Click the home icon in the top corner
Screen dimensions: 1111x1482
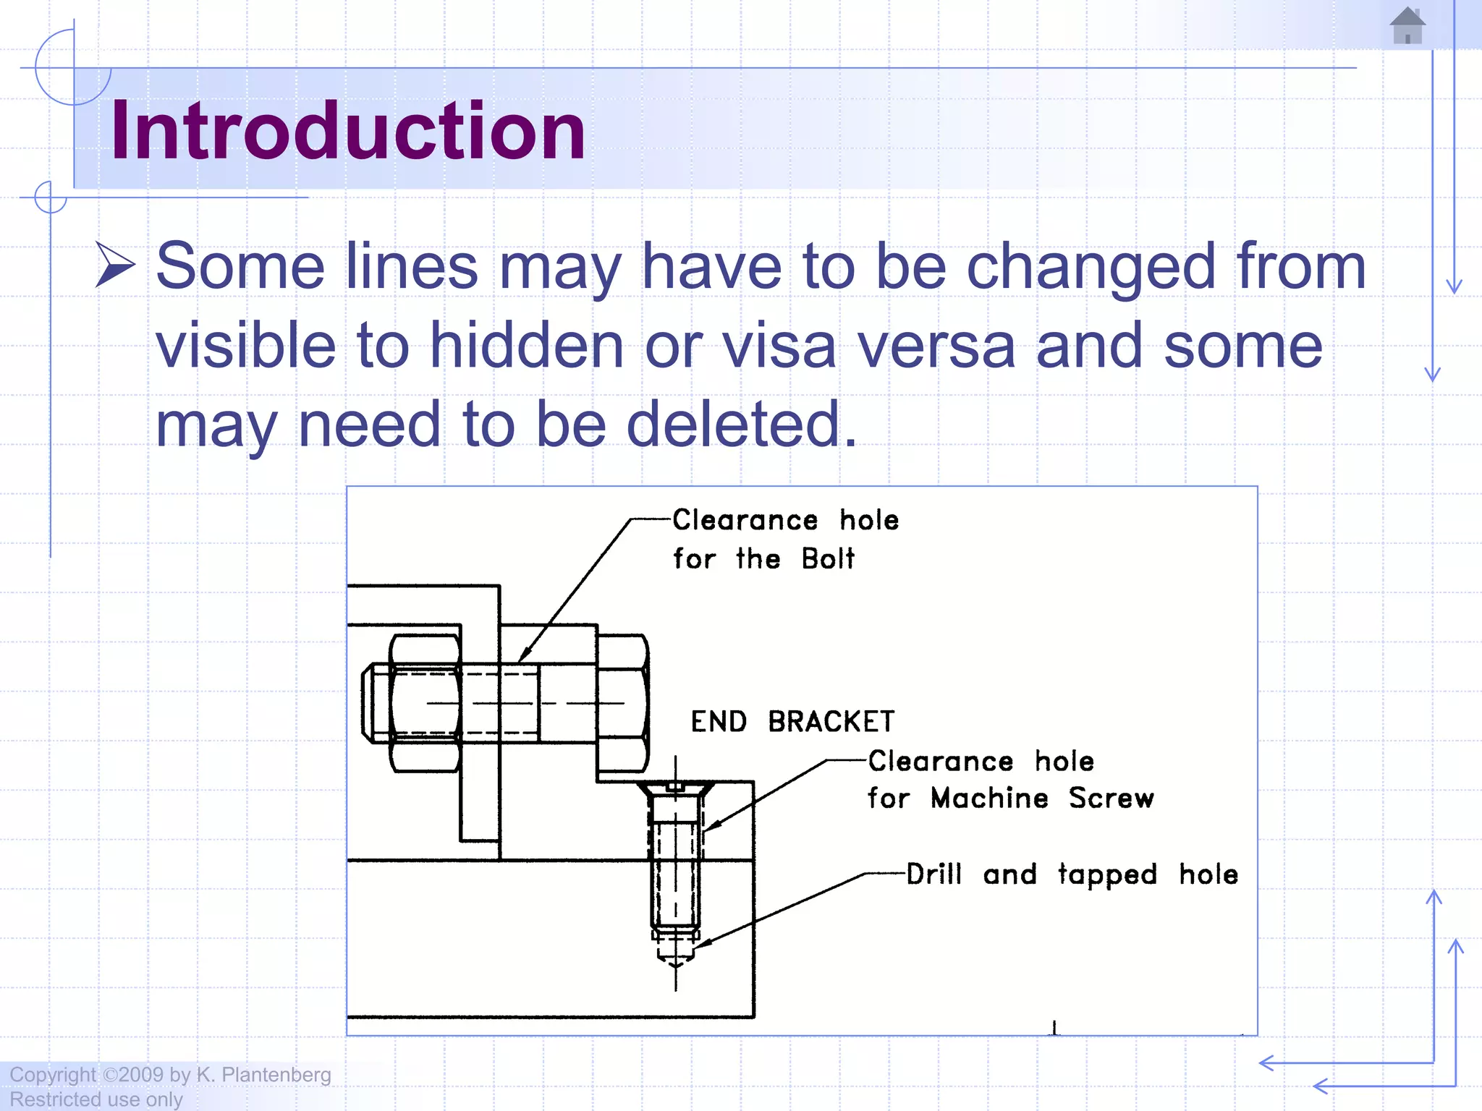(1407, 26)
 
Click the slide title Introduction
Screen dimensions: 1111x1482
(347, 131)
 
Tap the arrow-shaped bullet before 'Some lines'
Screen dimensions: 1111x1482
(115, 265)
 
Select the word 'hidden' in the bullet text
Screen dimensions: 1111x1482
(526, 346)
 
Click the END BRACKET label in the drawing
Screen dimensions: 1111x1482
(792, 722)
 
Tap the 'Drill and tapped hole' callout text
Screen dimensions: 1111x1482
(1072, 874)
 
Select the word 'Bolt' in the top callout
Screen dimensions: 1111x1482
(828, 559)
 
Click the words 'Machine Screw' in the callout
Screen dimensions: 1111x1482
(1042, 799)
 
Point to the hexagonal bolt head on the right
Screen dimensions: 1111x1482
(622, 703)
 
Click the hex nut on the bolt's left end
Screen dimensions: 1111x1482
(425, 703)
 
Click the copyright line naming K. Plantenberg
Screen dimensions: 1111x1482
(170, 1075)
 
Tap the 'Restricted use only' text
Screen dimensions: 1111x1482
(96, 1099)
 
